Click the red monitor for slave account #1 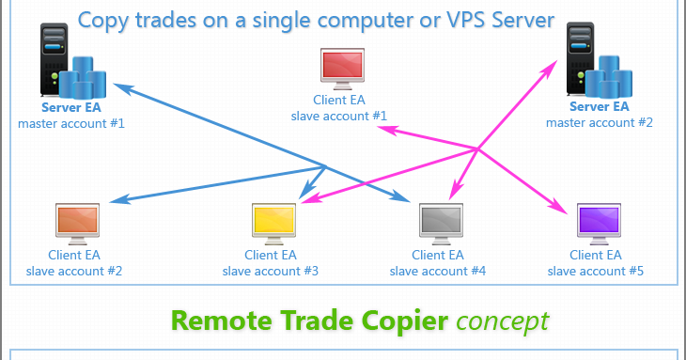(342, 69)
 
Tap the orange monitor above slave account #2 (77, 224)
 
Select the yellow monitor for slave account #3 (273, 224)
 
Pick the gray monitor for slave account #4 (441, 224)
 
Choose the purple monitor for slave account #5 (599, 224)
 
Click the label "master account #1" (71, 124)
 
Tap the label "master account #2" (600, 123)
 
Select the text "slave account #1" (339, 117)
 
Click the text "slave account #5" (596, 272)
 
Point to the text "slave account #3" (271, 272)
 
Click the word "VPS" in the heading (464, 21)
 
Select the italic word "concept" (502, 322)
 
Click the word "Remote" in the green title (222, 321)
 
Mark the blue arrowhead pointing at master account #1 (122, 88)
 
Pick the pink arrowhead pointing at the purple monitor (559, 207)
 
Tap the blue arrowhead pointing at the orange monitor (119, 199)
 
